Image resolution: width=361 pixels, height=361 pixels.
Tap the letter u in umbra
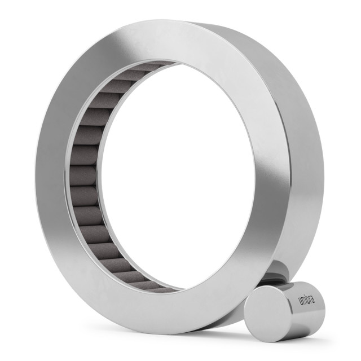pyautogui.click(x=300, y=302)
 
